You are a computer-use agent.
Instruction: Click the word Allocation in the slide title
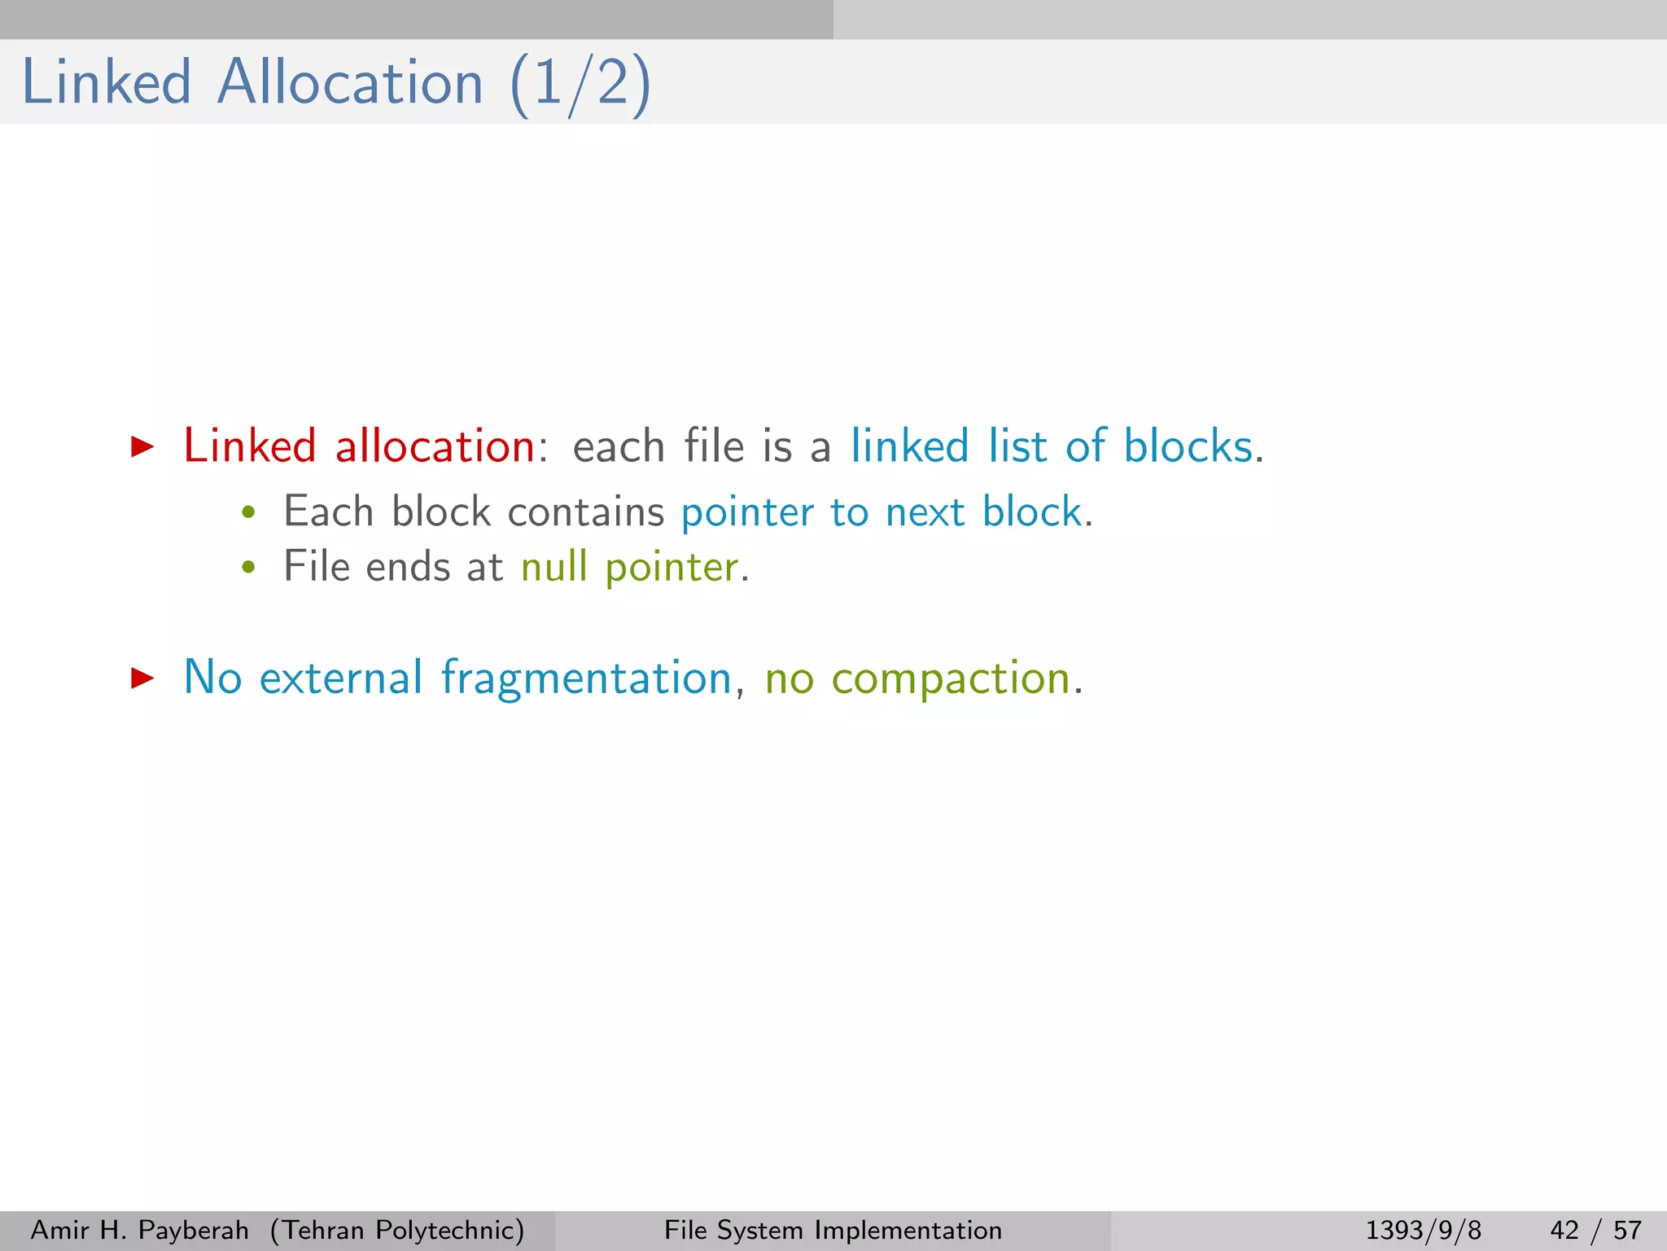coord(350,83)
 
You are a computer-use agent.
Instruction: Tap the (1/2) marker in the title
coord(580,85)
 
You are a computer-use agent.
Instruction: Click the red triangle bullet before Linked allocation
coord(142,446)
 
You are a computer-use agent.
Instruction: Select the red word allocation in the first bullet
coord(435,446)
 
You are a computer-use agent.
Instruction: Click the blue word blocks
coord(1188,446)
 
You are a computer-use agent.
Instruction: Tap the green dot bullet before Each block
coord(249,513)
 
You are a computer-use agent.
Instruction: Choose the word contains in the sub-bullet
coord(586,512)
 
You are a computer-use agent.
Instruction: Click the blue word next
coord(925,513)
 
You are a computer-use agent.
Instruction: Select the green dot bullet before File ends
coord(249,568)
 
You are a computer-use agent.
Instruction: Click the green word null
coord(553,567)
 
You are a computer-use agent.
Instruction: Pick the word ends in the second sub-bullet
coord(408,567)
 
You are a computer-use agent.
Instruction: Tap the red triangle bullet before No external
coord(142,678)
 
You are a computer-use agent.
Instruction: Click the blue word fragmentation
coord(586,678)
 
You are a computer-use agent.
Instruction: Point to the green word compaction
coord(951,678)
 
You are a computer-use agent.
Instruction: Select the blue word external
coord(341,678)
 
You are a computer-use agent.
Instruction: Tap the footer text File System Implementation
coord(833,1230)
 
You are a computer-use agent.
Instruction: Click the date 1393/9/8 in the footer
coord(1423,1230)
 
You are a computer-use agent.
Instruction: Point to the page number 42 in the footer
coord(1564,1230)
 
